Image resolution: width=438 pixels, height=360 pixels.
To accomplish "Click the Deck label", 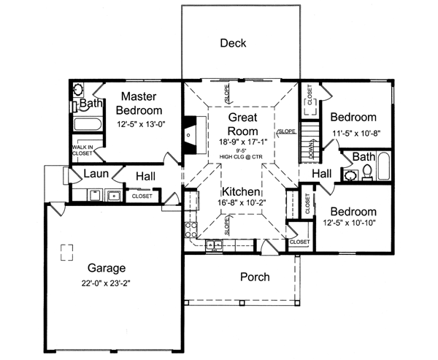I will [x=233, y=43].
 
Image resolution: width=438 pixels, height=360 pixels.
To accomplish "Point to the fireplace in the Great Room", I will [x=190, y=134].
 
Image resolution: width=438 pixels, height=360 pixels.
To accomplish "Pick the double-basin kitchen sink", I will [x=214, y=244].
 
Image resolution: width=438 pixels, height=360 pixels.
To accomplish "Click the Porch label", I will [x=255, y=277].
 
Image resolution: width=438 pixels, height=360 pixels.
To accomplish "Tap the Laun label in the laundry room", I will [x=96, y=174].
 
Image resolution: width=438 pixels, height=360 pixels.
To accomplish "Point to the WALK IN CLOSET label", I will [x=82, y=150].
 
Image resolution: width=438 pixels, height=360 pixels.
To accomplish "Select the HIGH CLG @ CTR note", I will [x=240, y=157].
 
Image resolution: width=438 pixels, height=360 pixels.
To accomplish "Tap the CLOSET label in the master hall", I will [x=142, y=196].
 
